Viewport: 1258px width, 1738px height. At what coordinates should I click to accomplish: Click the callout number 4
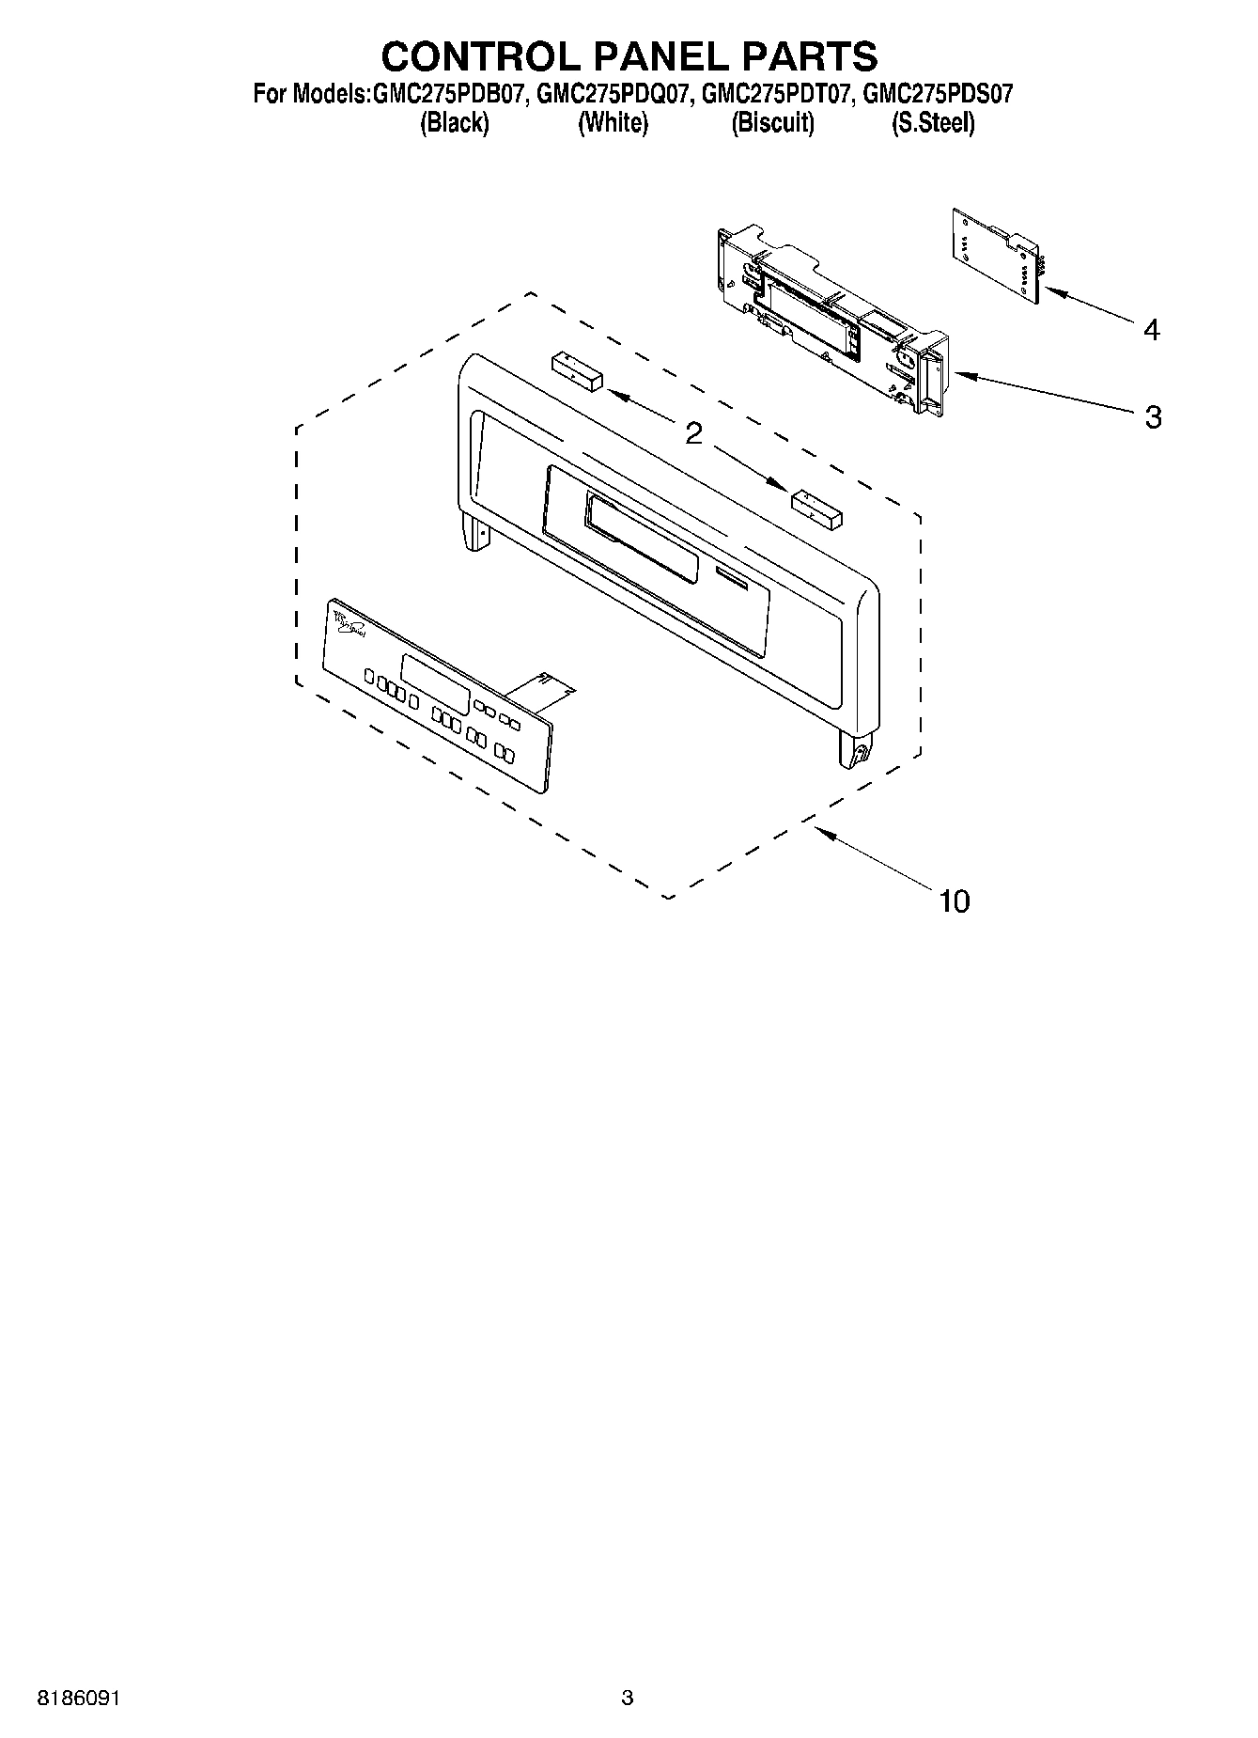(1151, 330)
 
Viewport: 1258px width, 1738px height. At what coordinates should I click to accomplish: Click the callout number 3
(1153, 416)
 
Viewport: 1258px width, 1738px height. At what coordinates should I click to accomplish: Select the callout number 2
(693, 433)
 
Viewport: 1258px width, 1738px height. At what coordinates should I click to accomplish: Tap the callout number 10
(954, 901)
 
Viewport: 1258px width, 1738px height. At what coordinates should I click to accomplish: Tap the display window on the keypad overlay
(435, 682)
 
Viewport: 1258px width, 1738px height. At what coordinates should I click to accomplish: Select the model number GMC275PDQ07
(615, 94)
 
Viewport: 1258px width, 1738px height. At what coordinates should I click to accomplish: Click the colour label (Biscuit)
(772, 123)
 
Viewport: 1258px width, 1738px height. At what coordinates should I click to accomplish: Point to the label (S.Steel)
(932, 123)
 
